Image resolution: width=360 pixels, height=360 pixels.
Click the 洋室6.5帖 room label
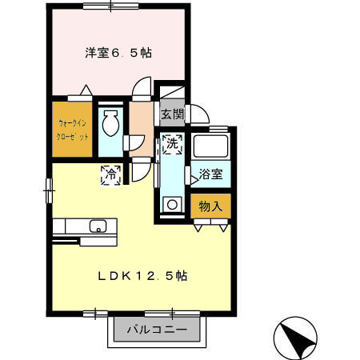click(x=118, y=54)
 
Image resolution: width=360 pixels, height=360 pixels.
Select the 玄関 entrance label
click(x=172, y=114)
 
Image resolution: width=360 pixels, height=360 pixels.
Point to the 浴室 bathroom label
click(x=210, y=173)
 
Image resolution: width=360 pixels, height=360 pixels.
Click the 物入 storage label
click(x=210, y=206)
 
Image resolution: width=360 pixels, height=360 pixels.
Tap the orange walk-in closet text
click(x=72, y=130)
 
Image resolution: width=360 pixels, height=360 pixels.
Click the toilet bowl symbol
click(x=110, y=125)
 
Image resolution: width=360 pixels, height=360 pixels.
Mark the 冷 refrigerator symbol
click(x=112, y=174)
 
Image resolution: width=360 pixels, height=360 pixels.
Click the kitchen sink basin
click(x=98, y=226)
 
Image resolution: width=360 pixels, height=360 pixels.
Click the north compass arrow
click(x=298, y=339)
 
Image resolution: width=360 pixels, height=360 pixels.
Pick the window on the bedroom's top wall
click(x=107, y=6)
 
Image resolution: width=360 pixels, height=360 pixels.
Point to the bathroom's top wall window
click(x=218, y=129)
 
